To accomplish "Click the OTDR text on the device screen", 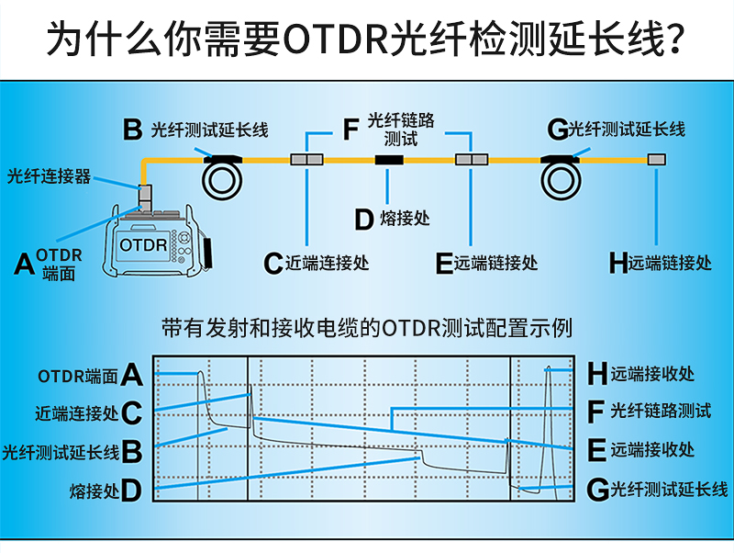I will pos(142,246).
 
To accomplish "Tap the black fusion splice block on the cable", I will pos(389,160).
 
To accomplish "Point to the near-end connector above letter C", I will pos(306,160).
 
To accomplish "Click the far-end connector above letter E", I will pos(472,160).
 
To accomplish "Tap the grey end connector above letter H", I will pos(656,160).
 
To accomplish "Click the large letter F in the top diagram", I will pos(350,130).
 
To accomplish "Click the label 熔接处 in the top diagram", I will pos(405,220).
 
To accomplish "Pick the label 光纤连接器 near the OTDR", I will pos(50,175).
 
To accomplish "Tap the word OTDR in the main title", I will pos(334,40).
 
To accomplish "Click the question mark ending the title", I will pos(675,40).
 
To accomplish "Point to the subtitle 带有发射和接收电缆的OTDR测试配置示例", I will pos(366,328).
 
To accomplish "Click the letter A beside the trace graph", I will pos(131,375).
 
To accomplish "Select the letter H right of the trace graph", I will pos(597,373).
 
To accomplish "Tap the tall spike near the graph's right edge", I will pos(548,372).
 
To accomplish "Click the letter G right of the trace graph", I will pos(597,489).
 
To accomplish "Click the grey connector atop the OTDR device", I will pos(146,196).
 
